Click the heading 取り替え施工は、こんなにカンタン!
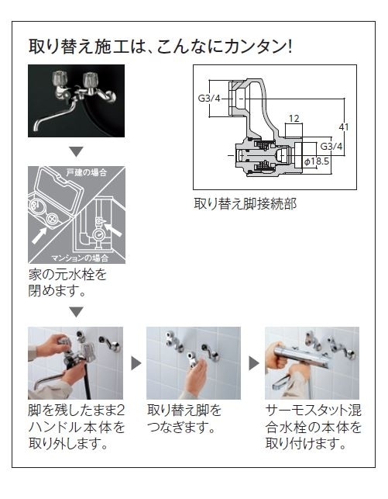tap(160, 46)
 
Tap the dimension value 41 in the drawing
tap(344, 127)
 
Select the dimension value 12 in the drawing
tap(294, 119)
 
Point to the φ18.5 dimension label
tap(317, 161)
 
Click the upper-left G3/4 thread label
tap(209, 98)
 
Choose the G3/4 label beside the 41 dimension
tap(331, 147)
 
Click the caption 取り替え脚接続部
tap(246, 203)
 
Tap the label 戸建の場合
tap(87, 172)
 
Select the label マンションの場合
tap(80, 258)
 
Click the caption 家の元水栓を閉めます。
tap(67, 282)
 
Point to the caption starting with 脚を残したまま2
tap(76, 428)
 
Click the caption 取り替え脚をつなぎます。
tap(184, 419)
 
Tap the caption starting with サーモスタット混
tap(314, 428)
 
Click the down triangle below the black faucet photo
tap(76, 151)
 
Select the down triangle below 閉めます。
tap(76, 312)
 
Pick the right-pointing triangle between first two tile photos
tap(136, 363)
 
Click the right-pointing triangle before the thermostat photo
tap(254, 363)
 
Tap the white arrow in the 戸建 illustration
tap(39, 236)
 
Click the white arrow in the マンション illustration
tap(113, 230)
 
